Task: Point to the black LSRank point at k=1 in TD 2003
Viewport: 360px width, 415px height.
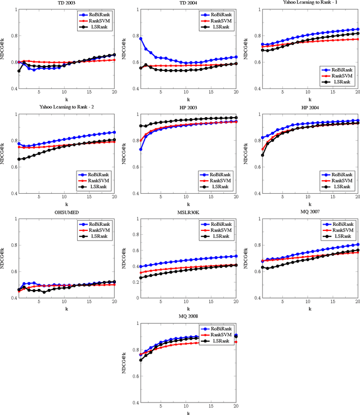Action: tap(19, 71)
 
